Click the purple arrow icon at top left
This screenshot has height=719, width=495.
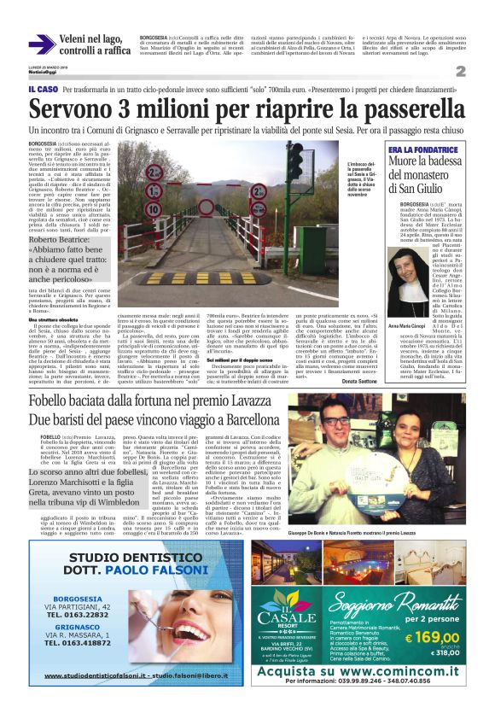tap(43, 44)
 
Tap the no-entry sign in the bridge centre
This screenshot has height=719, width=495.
tap(206, 206)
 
